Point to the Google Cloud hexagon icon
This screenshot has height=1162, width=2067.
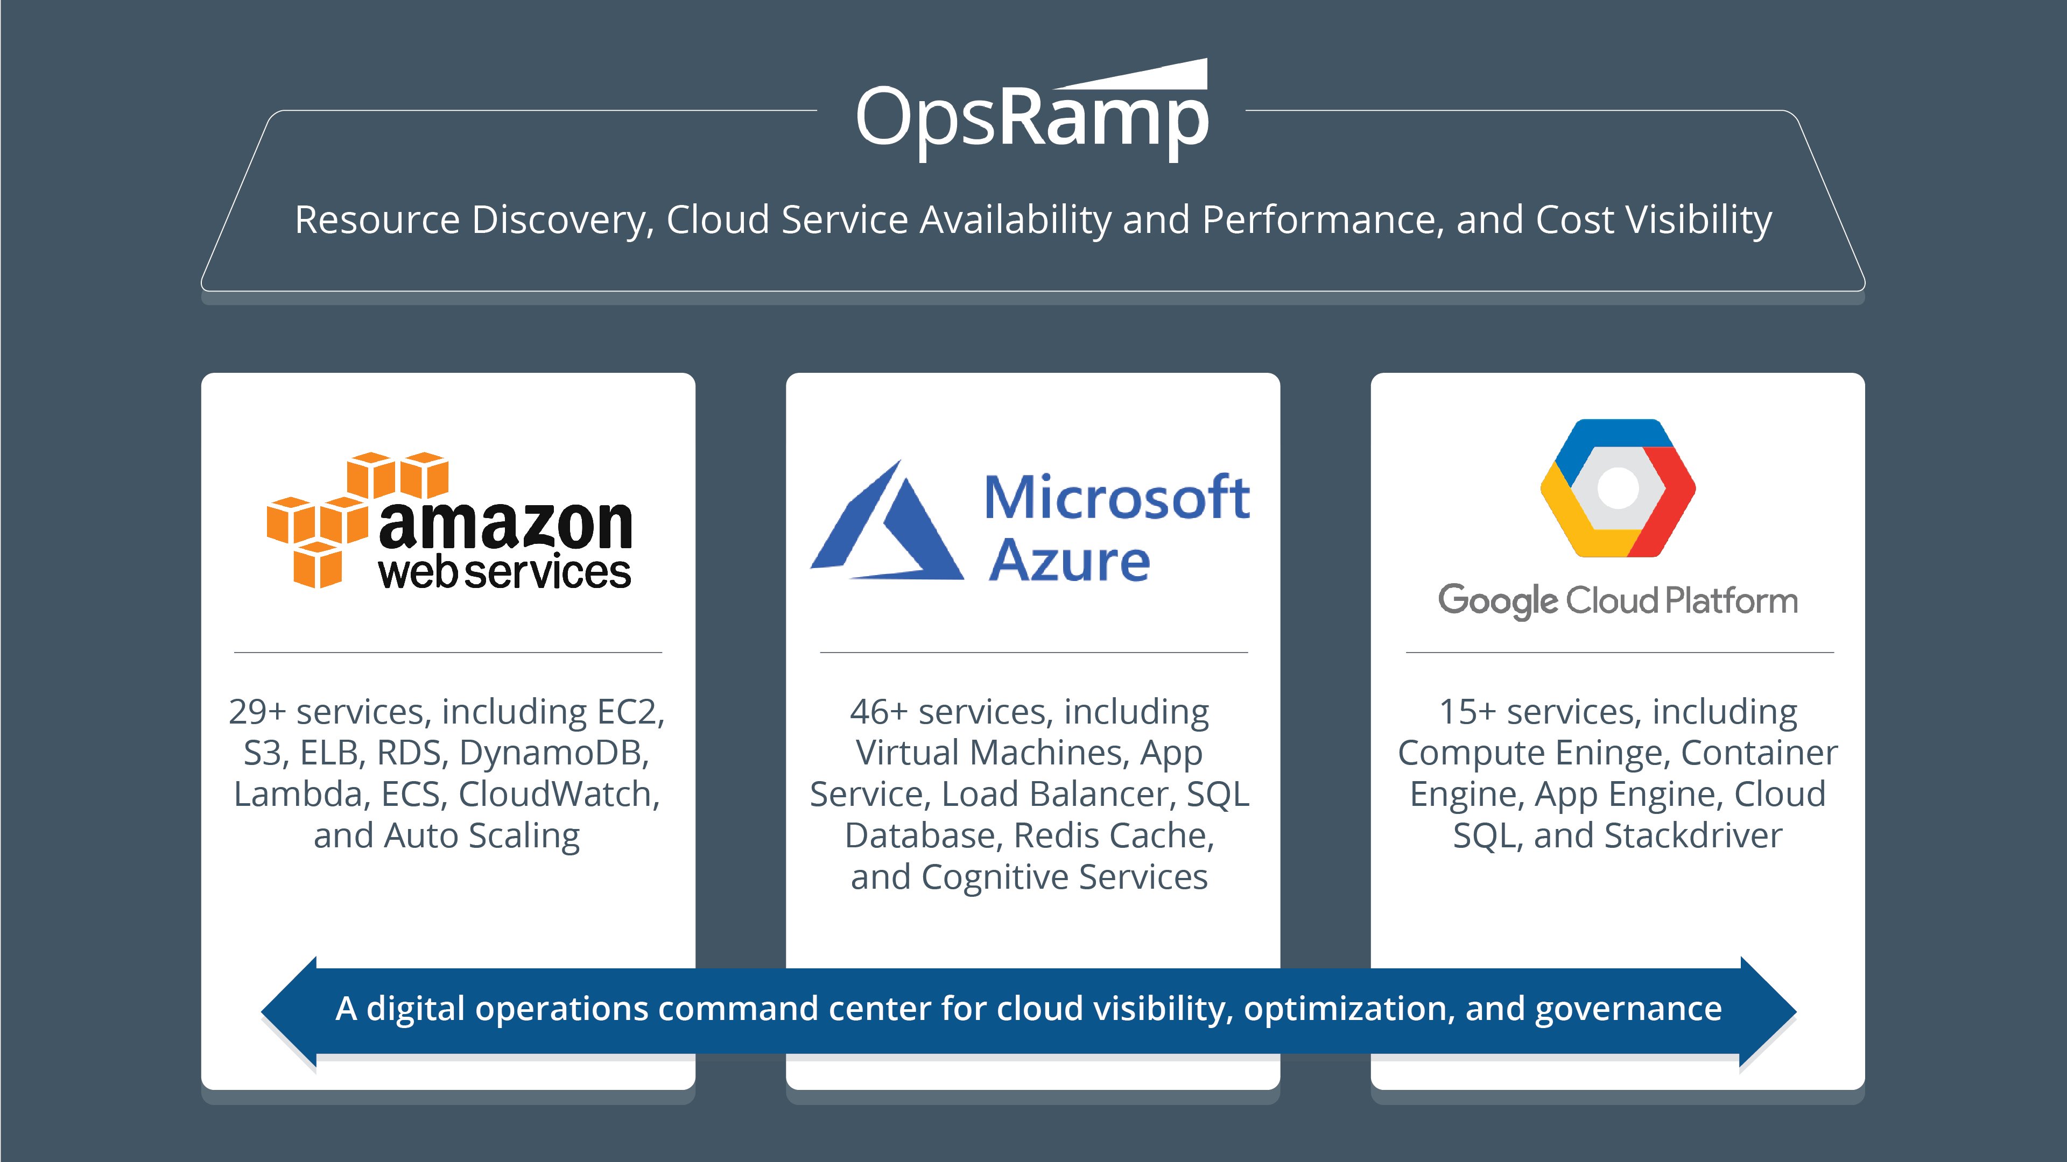(x=1618, y=487)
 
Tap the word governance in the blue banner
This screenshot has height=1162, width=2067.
(x=1628, y=1009)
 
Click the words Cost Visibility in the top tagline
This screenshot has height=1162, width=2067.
(x=1653, y=219)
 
